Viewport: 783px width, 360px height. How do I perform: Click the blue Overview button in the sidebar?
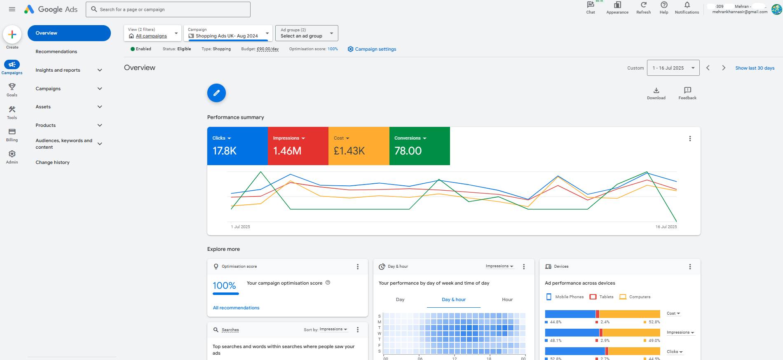coord(69,33)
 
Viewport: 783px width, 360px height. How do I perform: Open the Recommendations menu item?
coord(56,51)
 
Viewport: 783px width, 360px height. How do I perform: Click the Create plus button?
coord(12,35)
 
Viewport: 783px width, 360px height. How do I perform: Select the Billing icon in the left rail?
coord(12,132)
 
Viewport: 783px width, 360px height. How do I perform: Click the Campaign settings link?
coord(375,49)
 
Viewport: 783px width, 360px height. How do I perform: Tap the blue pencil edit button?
coord(216,93)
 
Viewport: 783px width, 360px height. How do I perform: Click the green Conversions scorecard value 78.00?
coord(408,151)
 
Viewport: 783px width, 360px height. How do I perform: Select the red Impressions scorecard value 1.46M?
coord(287,151)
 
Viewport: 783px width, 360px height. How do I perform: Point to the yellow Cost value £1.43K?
coord(349,151)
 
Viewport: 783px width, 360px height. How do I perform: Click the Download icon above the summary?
coord(656,90)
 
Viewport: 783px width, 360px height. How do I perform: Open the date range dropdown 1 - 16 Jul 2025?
coord(673,68)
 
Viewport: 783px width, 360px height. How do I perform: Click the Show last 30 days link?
coord(755,68)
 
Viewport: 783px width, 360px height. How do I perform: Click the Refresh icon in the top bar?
coord(643,5)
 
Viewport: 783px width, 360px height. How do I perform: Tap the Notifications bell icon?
coord(687,5)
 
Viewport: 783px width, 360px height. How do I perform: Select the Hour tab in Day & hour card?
coord(507,299)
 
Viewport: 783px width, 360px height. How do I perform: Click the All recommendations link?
coord(236,308)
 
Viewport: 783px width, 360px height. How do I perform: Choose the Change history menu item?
coord(52,162)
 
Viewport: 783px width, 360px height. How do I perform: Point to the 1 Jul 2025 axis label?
coord(241,227)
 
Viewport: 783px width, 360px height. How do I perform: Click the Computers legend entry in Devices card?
coord(635,297)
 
